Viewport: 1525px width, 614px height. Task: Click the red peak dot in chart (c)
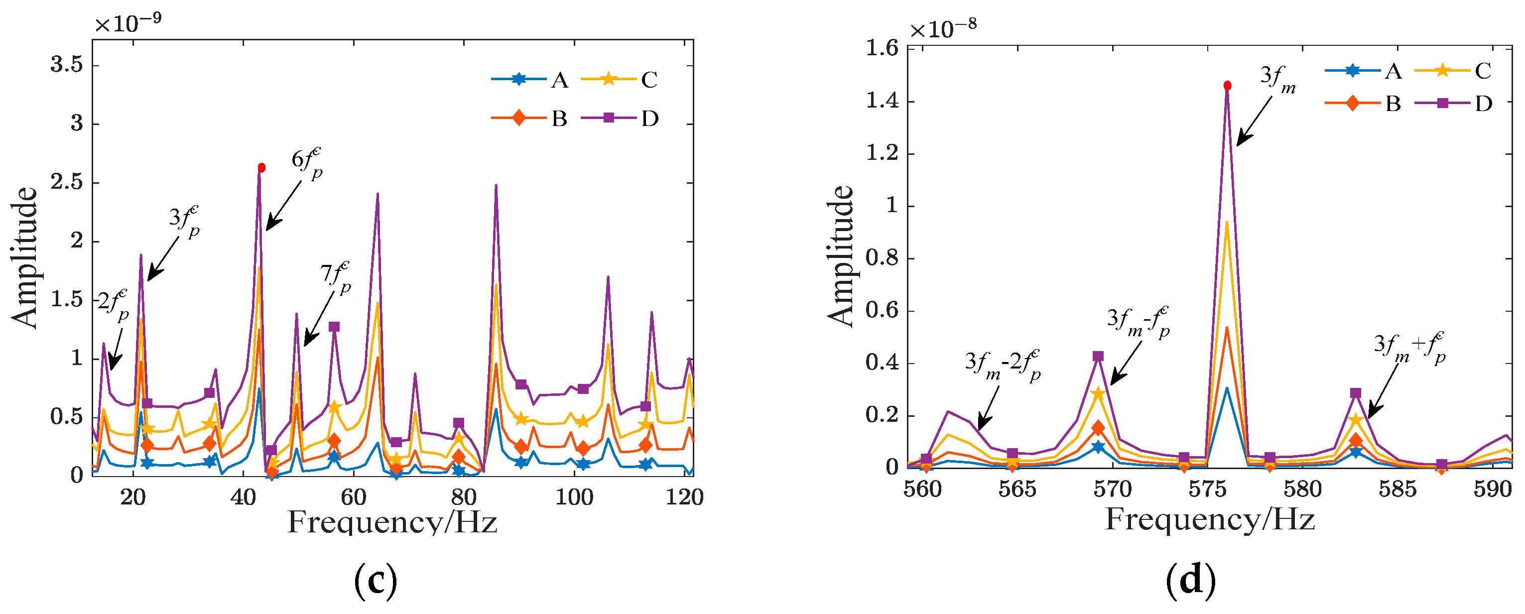coord(261,168)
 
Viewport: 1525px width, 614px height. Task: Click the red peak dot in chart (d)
coord(1227,86)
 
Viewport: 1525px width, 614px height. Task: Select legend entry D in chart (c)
coord(649,119)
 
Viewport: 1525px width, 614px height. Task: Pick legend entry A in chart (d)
coord(1393,72)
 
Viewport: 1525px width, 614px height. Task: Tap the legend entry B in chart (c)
coord(559,119)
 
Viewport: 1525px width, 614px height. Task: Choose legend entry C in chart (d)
coord(1482,72)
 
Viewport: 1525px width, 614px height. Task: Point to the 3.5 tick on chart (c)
coord(67,65)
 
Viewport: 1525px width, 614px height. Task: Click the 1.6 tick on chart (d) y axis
coord(882,48)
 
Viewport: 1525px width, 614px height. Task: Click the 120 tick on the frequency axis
coord(684,497)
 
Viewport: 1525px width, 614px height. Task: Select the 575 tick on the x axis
coord(1208,489)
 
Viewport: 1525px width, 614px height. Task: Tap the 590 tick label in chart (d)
coord(1493,489)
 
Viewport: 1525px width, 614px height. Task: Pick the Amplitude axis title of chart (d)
coord(841,256)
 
